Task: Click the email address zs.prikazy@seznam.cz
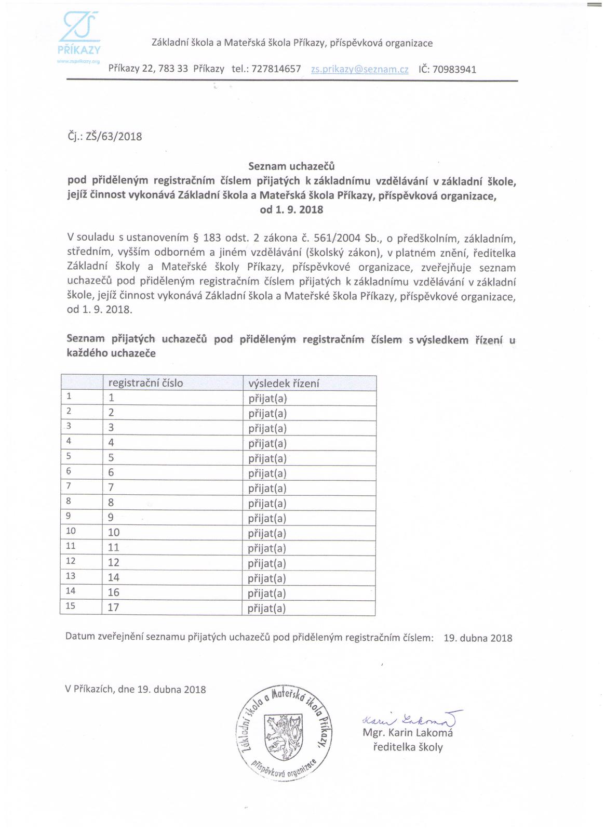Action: pyautogui.click(x=359, y=69)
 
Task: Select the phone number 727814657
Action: pyautogui.click(x=276, y=69)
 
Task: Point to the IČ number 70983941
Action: pyautogui.click(x=454, y=69)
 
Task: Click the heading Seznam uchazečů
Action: pyautogui.click(x=291, y=167)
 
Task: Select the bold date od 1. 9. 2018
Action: pyautogui.click(x=291, y=210)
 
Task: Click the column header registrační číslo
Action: pyautogui.click(x=145, y=384)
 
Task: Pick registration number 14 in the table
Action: pyautogui.click(x=114, y=577)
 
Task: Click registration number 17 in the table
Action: pyautogui.click(x=114, y=608)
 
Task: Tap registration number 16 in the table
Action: pyautogui.click(x=114, y=592)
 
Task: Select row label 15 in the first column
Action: pyautogui.click(x=71, y=606)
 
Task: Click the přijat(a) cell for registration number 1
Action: pyautogui.click(x=267, y=399)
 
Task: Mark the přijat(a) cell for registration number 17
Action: pyautogui.click(x=267, y=608)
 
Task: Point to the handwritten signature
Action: pyautogui.click(x=411, y=720)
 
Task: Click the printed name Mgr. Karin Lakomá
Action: pyautogui.click(x=408, y=733)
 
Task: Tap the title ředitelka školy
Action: pyautogui.click(x=408, y=748)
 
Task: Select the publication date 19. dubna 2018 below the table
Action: pyautogui.click(x=478, y=638)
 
